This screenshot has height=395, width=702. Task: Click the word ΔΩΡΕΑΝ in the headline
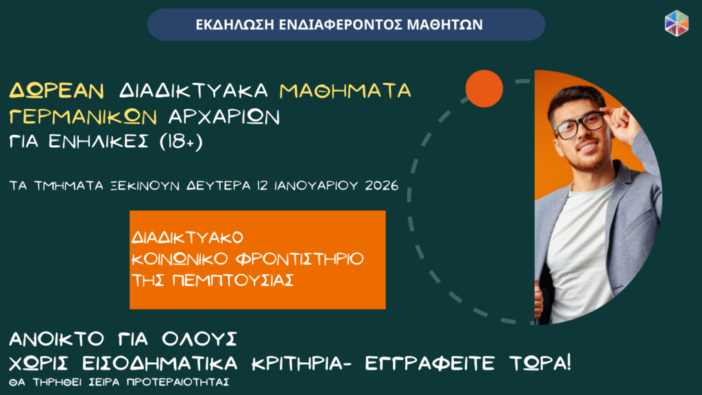(x=57, y=90)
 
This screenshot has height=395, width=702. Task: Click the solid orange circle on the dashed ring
(x=484, y=88)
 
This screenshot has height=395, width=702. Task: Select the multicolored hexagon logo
(x=677, y=23)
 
